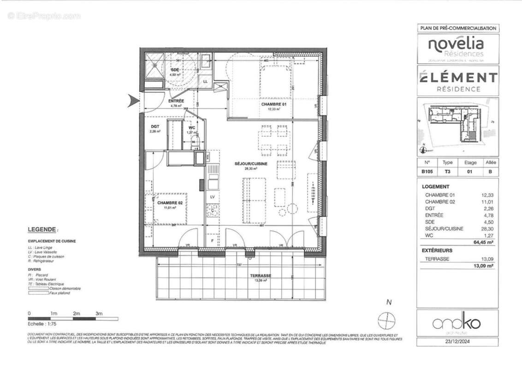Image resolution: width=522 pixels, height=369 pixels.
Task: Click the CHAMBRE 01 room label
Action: [274, 105]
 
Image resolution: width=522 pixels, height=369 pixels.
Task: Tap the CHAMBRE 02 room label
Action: [170, 203]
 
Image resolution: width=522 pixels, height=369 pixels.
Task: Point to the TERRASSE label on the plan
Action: [261, 276]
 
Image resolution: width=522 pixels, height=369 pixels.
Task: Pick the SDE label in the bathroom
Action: [175, 70]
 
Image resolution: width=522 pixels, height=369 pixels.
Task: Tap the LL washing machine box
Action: [205, 81]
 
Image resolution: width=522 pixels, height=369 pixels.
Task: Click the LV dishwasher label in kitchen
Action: [213, 197]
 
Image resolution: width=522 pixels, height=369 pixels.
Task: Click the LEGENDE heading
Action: [42, 229]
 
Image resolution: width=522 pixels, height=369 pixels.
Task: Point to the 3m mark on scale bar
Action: [98, 313]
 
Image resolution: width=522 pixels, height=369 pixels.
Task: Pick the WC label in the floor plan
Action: [191, 127]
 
